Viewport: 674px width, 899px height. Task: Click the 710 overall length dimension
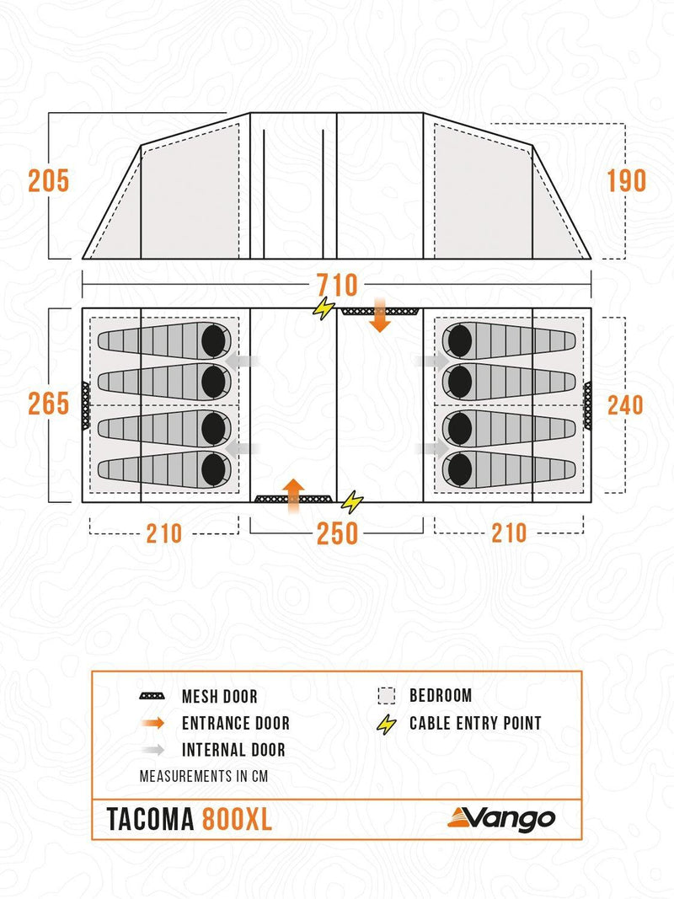[337, 285]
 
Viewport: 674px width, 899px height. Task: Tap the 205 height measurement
[49, 181]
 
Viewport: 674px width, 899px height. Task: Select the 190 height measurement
[627, 181]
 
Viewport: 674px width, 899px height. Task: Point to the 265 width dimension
[49, 404]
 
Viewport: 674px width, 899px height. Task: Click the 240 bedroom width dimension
[625, 405]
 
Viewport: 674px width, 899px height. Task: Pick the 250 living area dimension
[337, 533]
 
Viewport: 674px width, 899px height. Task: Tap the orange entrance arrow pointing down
[380, 315]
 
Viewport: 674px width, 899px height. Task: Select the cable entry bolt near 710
[324, 308]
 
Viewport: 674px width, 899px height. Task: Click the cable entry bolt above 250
[352, 502]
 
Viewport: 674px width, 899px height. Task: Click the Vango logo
[501, 819]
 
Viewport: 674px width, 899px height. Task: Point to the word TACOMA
[150, 819]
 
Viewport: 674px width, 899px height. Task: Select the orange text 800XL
[237, 819]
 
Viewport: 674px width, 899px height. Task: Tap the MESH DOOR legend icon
[152, 696]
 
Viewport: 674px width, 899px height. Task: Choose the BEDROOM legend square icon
[387, 695]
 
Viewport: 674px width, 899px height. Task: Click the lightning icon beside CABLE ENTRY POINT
[387, 724]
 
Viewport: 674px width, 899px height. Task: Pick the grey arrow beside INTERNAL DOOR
[153, 749]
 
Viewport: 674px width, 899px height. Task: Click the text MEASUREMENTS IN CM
[203, 776]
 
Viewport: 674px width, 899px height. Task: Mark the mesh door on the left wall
[86, 404]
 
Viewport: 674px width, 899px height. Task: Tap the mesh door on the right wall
[587, 405]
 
